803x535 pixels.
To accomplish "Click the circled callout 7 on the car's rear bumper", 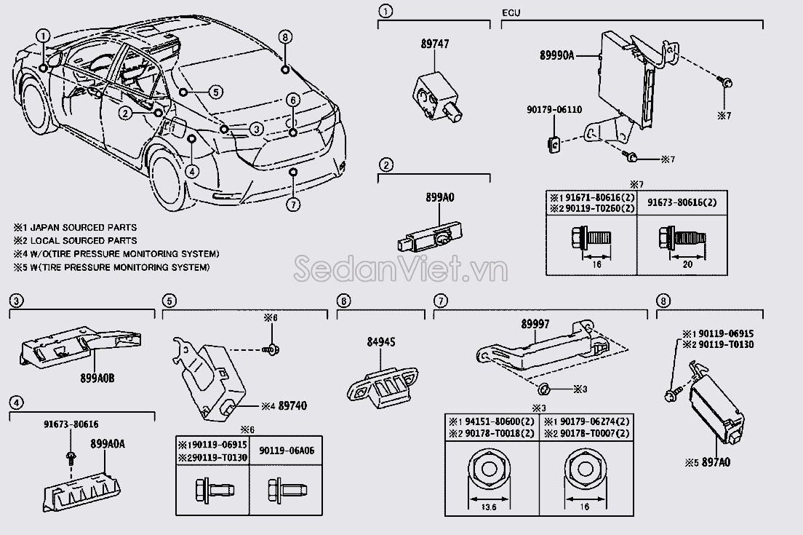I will (x=292, y=205).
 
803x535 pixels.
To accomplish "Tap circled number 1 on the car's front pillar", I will (x=44, y=35).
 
